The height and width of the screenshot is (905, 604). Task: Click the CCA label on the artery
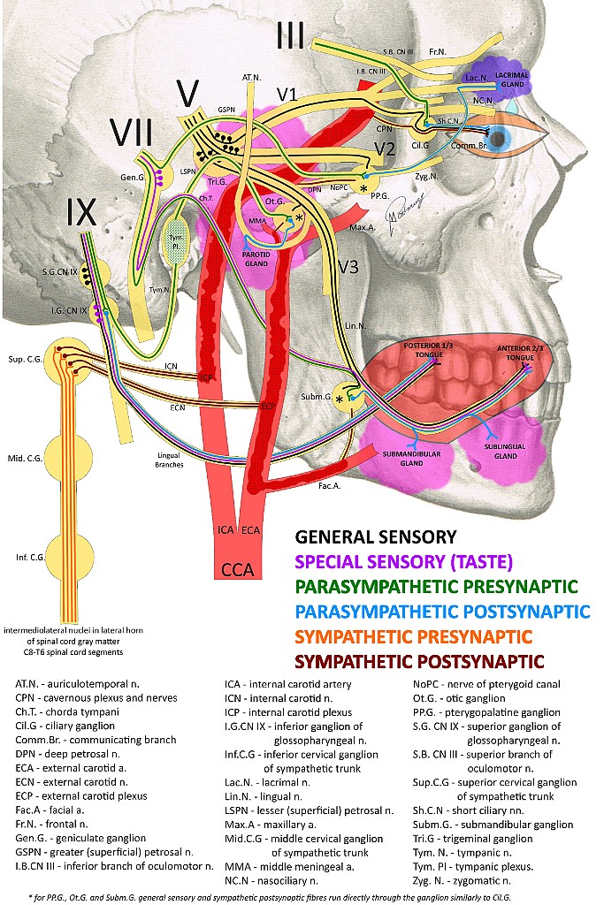[238, 569]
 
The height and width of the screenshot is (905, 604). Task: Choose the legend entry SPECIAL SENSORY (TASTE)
[403, 561]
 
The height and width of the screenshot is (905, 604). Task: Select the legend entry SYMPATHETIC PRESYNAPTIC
[414, 636]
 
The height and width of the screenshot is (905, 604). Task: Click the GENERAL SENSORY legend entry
[376, 536]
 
